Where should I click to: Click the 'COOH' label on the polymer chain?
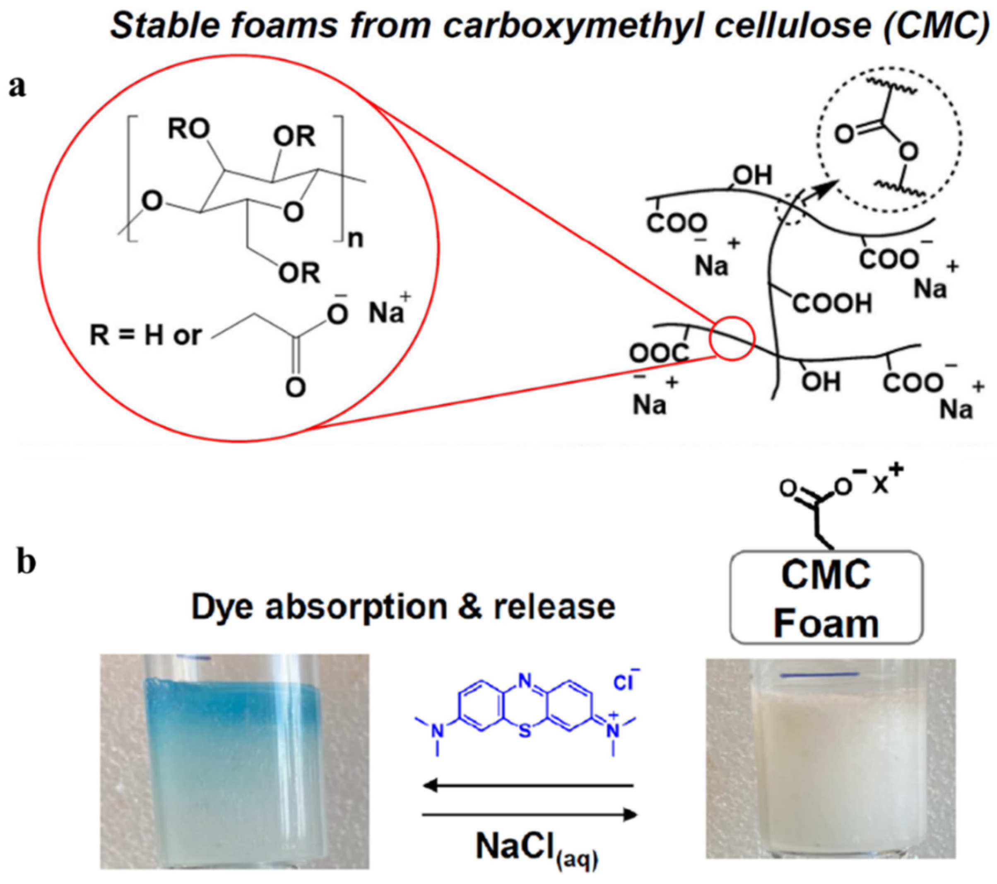[x=832, y=303]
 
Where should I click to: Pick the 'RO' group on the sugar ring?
[x=189, y=129]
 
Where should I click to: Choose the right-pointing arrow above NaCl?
[x=530, y=815]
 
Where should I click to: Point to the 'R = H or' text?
[x=145, y=336]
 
